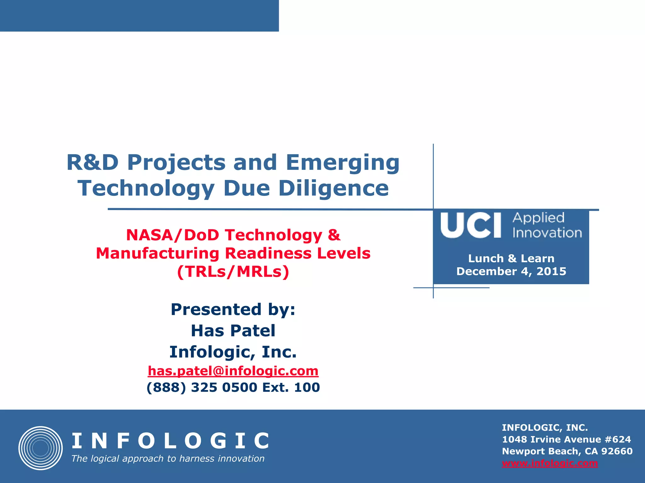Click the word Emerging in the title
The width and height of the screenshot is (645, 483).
pos(343,163)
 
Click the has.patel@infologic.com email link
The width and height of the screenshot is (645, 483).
pos(233,371)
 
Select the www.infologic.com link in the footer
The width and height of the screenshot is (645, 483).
pos(550,463)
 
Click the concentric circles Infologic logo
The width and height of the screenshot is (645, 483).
pos(40,448)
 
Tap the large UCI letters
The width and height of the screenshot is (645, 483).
pos(471,225)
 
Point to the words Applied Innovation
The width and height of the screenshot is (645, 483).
pos(547,225)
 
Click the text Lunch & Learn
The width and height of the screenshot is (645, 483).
pos(511,258)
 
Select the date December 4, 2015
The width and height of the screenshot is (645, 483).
pos(511,271)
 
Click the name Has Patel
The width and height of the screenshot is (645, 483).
pos(233,330)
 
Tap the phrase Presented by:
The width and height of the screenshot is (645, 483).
pos(233,309)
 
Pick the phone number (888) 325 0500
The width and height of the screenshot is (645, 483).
pos(202,387)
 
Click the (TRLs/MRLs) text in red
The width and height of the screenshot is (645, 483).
pos(233,272)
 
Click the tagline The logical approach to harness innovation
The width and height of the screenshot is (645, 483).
pos(168,458)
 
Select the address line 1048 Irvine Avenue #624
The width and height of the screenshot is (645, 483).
pos(566,439)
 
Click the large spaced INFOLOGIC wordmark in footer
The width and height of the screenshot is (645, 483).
pos(170,441)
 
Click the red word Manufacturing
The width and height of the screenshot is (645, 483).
pos(157,253)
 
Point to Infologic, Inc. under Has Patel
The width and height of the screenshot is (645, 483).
pos(233,352)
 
